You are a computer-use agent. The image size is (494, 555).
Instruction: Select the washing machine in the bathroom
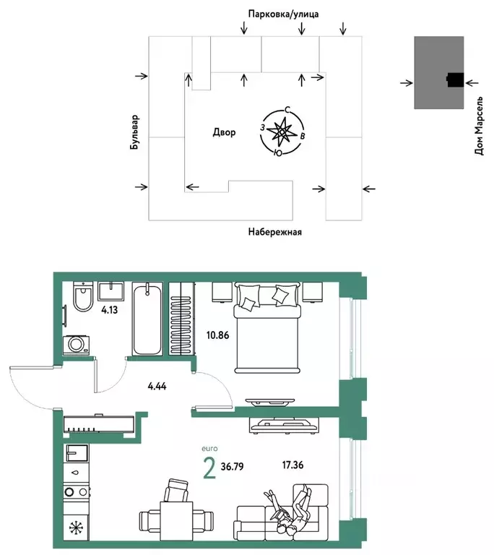(x=77, y=344)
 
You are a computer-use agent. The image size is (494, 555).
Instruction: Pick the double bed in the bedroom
(x=266, y=327)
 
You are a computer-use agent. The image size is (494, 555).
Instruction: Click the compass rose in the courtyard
(x=281, y=132)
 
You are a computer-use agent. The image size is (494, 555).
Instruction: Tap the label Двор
(x=224, y=133)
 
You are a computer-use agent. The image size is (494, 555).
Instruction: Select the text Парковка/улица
(x=277, y=14)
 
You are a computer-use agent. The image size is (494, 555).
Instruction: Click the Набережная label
(x=274, y=232)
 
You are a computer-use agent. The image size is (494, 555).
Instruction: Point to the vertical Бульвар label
(x=134, y=132)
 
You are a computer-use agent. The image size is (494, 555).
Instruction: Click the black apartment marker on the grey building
(x=454, y=81)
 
